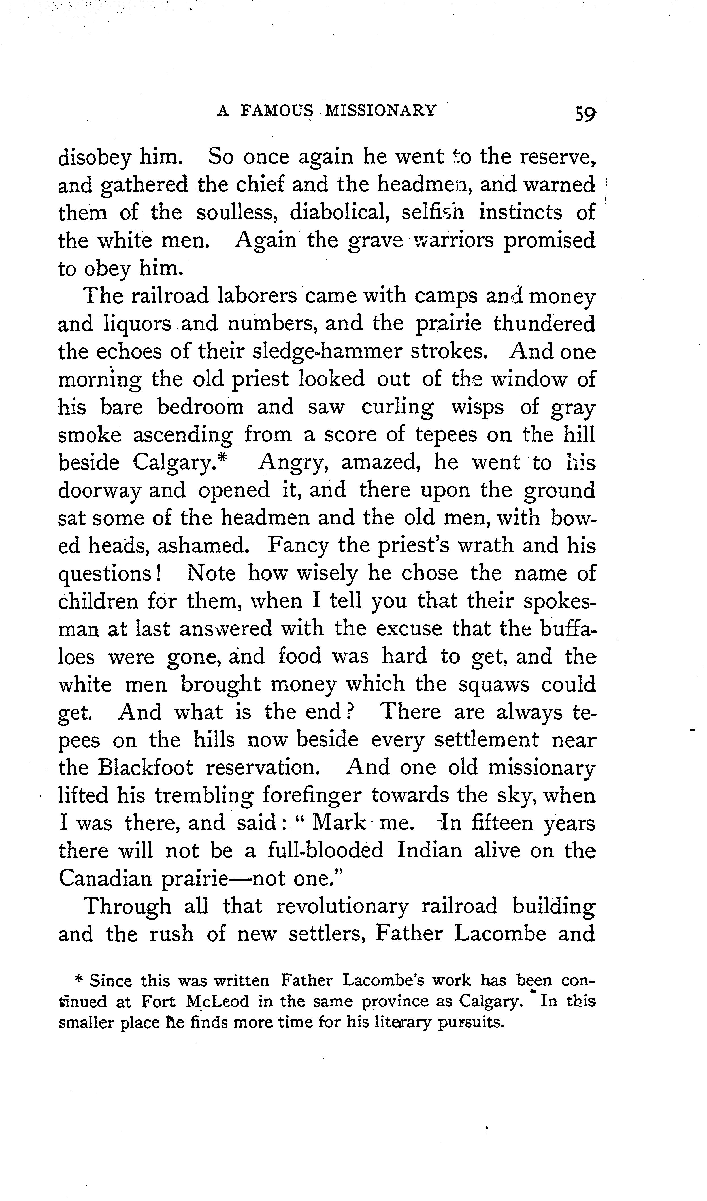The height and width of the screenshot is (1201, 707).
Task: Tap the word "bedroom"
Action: pyautogui.click(x=200, y=408)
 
